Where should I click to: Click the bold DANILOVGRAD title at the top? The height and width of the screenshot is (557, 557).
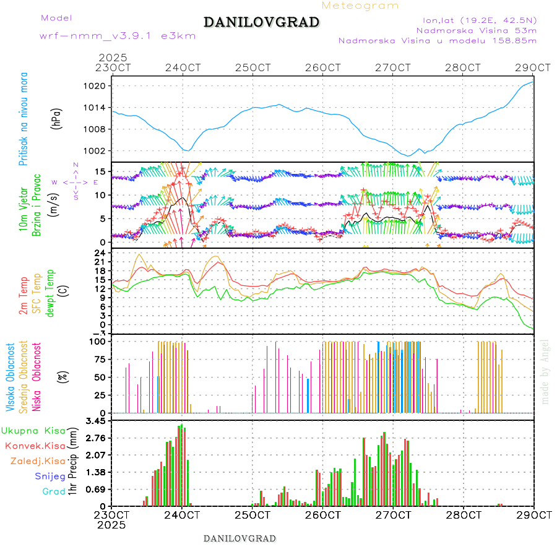261,22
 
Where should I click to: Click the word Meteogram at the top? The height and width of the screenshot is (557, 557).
360,6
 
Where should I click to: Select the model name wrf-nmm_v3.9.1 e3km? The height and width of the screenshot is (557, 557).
118,35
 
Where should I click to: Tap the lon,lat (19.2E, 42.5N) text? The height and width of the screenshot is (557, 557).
476,19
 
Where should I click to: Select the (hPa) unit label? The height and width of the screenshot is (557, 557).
57,119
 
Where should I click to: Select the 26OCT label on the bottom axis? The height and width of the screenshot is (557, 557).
323,514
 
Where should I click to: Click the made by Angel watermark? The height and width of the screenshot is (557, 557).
545,371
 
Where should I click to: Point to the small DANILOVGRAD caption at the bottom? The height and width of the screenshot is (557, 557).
240,538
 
